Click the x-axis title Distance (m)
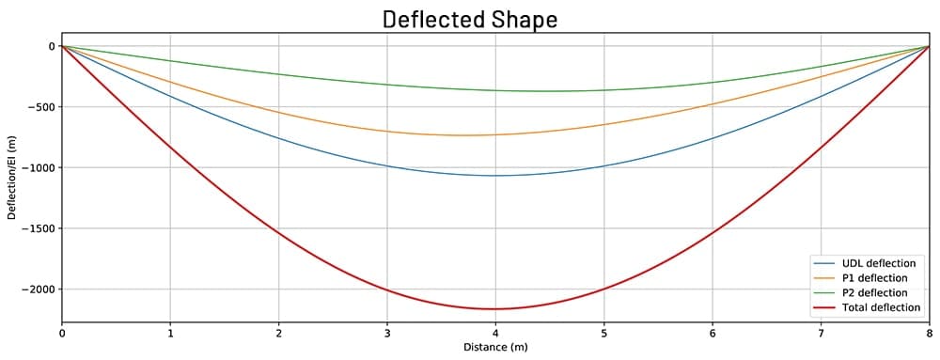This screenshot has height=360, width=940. click(x=495, y=348)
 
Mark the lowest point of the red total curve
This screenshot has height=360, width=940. click(x=495, y=309)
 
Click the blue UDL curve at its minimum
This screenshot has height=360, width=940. click(x=495, y=176)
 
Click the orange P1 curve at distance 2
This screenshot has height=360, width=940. click(x=278, y=113)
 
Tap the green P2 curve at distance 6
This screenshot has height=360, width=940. click(x=713, y=83)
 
